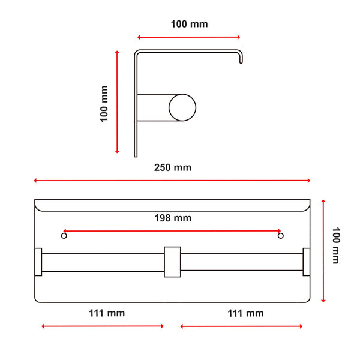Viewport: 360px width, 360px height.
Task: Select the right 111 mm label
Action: (245, 313)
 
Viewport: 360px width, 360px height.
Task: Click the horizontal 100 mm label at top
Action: (189, 25)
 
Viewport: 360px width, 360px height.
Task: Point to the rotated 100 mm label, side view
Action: (104, 103)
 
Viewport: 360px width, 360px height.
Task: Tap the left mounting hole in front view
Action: (64, 236)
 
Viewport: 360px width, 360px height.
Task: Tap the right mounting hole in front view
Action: (280, 236)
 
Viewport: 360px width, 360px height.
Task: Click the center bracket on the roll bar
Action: (172, 262)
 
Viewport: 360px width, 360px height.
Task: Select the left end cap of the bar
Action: (38, 262)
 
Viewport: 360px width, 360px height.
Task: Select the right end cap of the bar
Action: (307, 262)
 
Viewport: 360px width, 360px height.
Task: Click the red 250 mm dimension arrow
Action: (172, 180)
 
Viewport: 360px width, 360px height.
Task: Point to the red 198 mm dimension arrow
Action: (172, 230)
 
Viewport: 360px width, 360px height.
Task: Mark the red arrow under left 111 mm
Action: (103, 326)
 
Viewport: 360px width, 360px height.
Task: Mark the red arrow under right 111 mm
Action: (241, 326)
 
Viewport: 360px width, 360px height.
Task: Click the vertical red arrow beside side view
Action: (118, 102)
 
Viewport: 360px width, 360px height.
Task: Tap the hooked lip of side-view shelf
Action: (241, 57)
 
